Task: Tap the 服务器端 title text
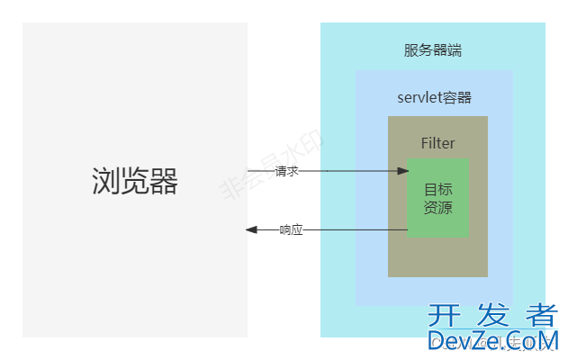click(433, 50)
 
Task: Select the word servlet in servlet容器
click(416, 97)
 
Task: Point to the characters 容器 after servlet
click(455, 97)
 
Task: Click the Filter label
click(437, 143)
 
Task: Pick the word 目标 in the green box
click(437, 189)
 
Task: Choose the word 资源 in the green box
click(437, 208)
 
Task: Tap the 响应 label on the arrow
click(291, 230)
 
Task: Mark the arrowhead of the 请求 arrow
click(401, 169)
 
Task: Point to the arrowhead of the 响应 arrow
click(251, 230)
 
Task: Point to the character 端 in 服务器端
click(455, 50)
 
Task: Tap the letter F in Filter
click(425, 143)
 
